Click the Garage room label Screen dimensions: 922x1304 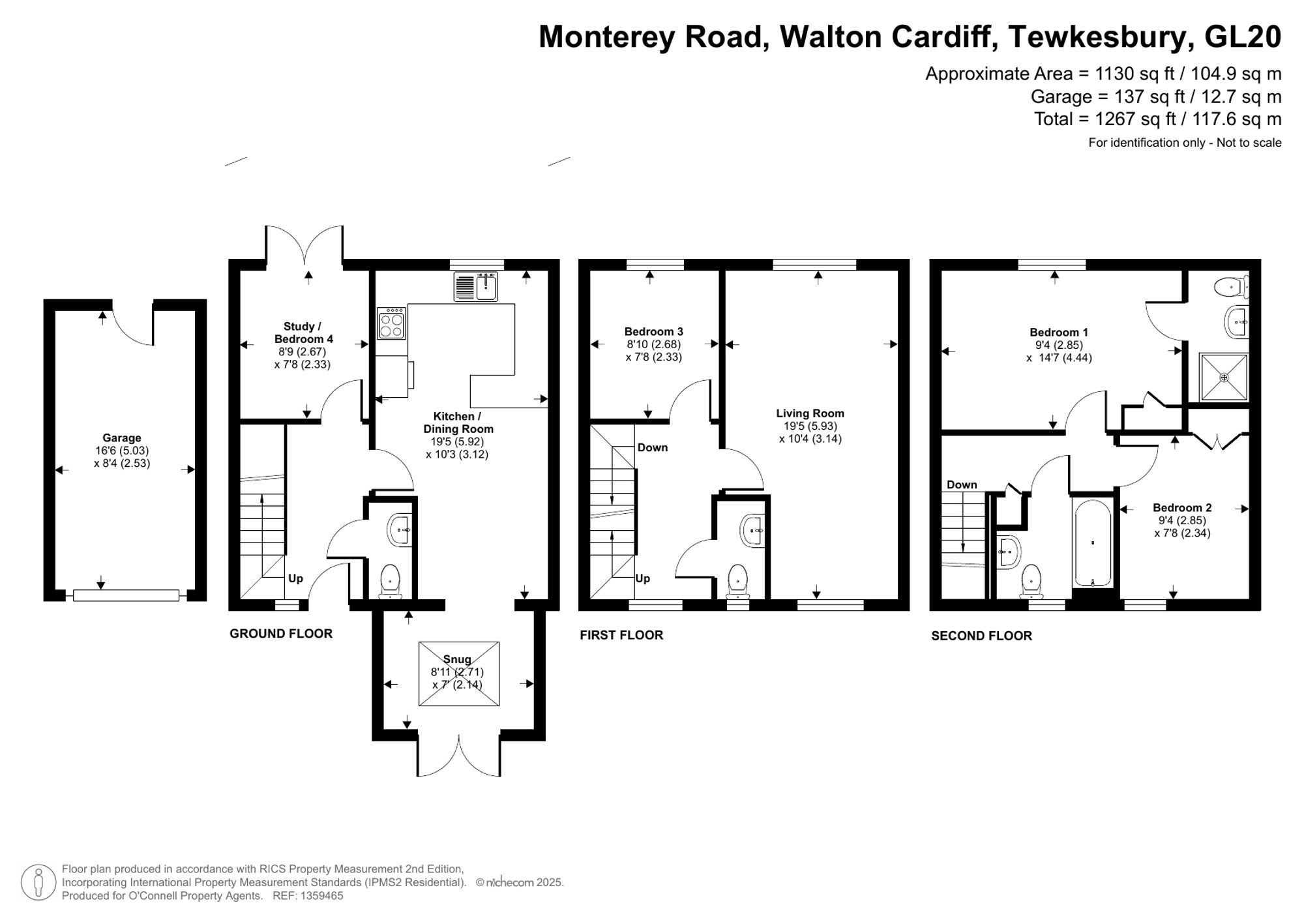[x=121, y=438]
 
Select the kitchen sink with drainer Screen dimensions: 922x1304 [x=476, y=286]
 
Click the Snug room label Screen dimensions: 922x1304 [x=456, y=659]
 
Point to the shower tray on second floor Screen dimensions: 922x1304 [x=1224, y=378]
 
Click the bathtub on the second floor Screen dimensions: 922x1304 [x=1092, y=543]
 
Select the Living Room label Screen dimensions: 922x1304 [x=810, y=413]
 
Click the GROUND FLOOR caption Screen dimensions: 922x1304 [x=281, y=634]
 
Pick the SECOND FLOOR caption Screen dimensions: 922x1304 [x=981, y=636]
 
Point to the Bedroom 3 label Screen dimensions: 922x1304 [x=653, y=332]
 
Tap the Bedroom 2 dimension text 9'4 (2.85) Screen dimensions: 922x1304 [x=1182, y=520]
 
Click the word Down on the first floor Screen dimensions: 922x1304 [x=652, y=447]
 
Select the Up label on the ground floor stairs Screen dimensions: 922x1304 [x=295, y=578]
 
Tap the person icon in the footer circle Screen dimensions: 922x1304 [x=38, y=882]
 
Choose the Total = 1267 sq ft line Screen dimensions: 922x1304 [x=1157, y=119]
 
